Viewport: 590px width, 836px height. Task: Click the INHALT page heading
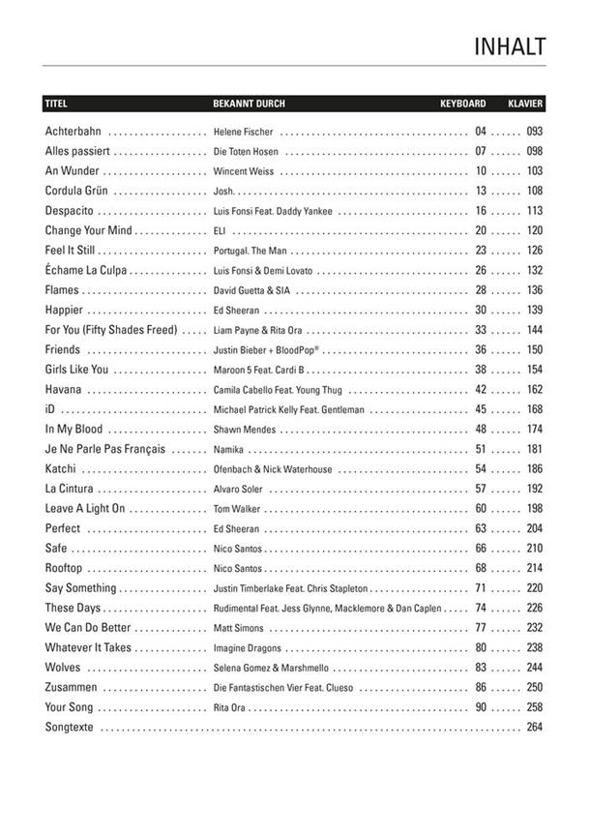[510, 47]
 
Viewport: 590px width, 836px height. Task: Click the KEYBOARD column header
[462, 103]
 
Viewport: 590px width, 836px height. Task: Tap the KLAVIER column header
[525, 103]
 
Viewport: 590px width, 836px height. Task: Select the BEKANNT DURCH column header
[249, 103]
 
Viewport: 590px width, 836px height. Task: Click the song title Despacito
[69, 210]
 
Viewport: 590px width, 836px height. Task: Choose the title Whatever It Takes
[87, 647]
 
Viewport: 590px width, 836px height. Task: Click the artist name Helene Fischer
[243, 132]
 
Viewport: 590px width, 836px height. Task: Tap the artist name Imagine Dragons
[248, 648]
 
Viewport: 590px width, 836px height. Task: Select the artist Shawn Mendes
[241, 430]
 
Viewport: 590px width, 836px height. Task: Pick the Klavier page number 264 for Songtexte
[534, 728]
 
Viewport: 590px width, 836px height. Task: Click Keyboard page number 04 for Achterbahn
[481, 131]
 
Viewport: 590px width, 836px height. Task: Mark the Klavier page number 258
[534, 707]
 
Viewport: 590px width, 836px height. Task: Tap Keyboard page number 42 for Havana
[481, 389]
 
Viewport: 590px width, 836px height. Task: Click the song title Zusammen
[69, 687]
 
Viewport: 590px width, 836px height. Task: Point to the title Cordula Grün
[75, 191]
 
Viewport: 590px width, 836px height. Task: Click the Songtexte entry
[69, 728]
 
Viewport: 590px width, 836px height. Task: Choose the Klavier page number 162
[534, 389]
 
